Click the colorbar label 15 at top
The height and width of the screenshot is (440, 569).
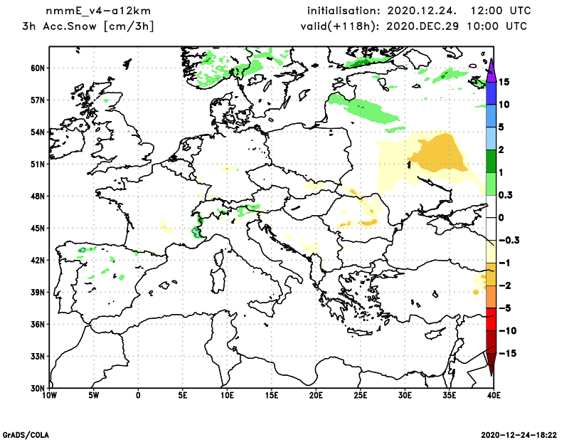point(505,82)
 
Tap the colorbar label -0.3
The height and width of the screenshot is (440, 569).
point(509,240)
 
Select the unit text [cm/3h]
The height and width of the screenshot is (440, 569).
point(131,26)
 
